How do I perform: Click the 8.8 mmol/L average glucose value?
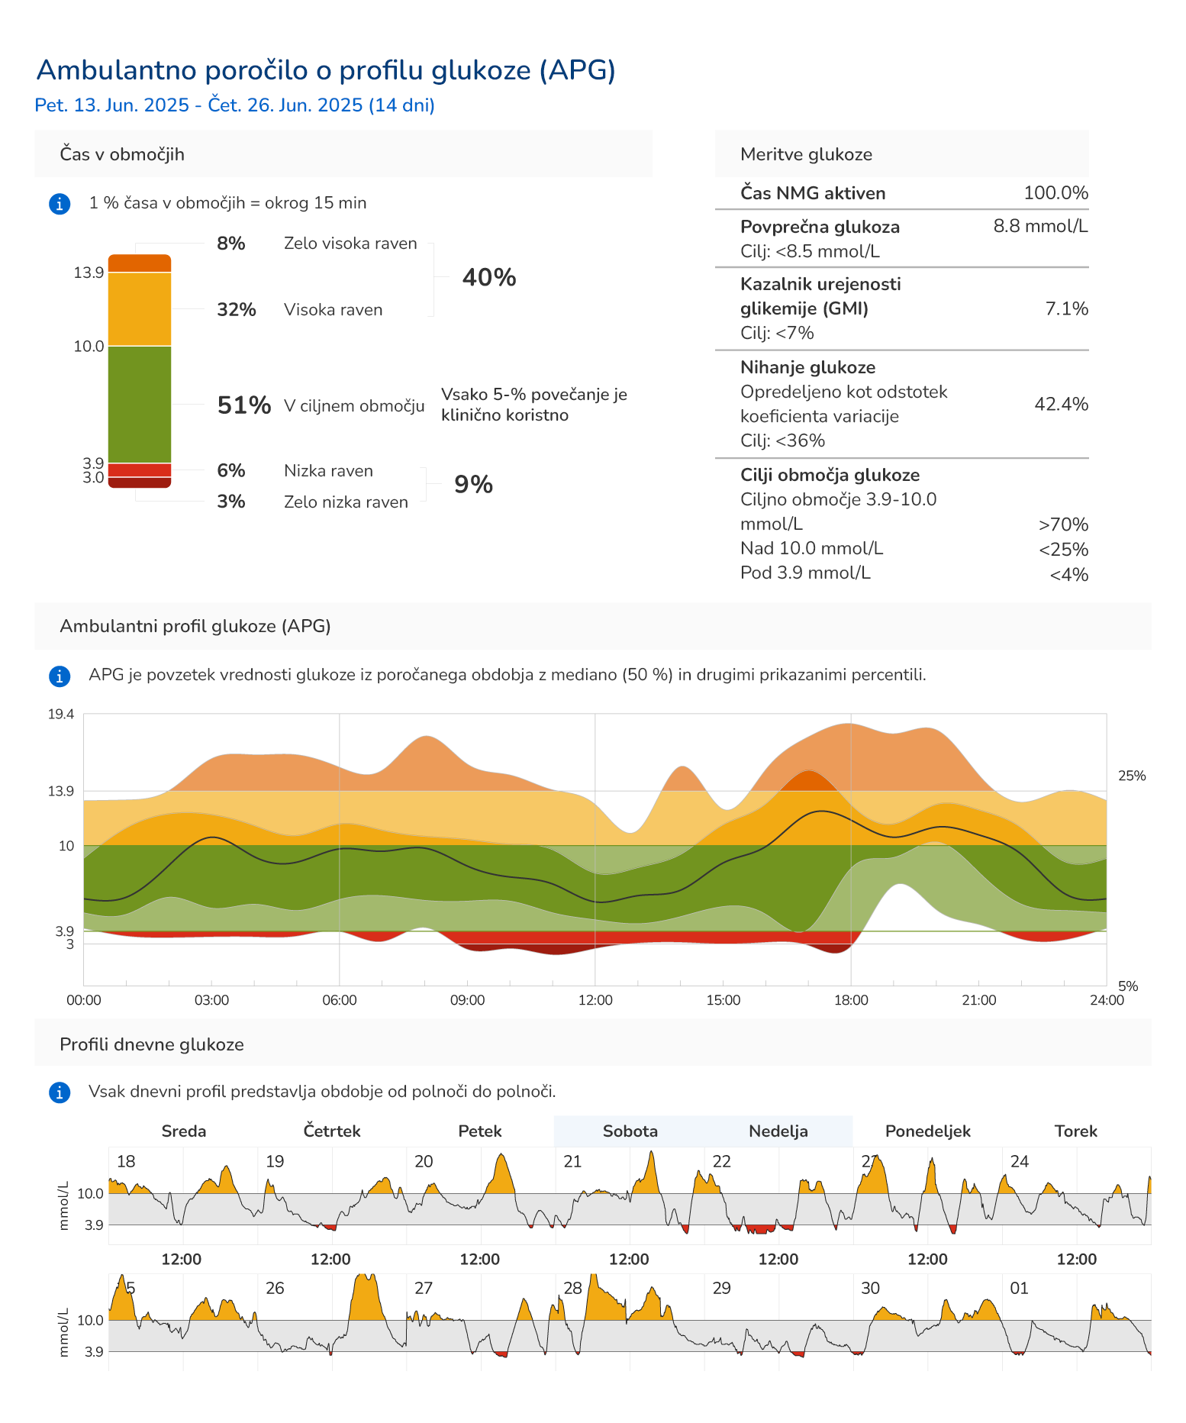(x=1040, y=226)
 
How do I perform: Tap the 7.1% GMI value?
(x=1066, y=308)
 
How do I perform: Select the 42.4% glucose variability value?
(x=1061, y=404)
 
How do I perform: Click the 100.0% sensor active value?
(x=1055, y=192)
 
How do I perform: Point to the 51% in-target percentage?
(x=243, y=405)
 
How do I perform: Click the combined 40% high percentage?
(x=488, y=277)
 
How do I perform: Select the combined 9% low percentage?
(x=473, y=484)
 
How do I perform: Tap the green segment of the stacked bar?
(x=139, y=404)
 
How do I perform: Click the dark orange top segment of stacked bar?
(x=139, y=263)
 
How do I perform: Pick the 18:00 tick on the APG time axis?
(x=850, y=1000)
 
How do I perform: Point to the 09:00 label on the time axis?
(x=467, y=1000)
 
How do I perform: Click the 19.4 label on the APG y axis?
(x=61, y=715)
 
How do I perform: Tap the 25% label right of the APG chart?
(x=1131, y=776)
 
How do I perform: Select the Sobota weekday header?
(x=630, y=1131)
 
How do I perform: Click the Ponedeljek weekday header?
(x=927, y=1131)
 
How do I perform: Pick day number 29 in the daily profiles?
(x=721, y=1288)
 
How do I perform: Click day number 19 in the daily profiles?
(x=275, y=1161)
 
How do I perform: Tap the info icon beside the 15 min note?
(x=60, y=204)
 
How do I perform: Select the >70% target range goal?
(x=1062, y=524)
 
